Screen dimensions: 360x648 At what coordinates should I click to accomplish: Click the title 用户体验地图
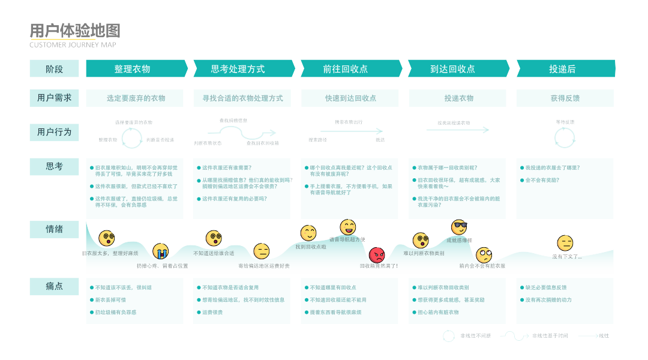(75, 31)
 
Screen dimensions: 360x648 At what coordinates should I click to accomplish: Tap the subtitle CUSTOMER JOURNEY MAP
(73, 45)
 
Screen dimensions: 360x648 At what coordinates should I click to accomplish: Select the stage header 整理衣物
(132, 69)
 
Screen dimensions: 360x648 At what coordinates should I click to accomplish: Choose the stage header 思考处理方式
(238, 69)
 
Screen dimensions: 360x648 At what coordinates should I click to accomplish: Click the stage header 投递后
(562, 69)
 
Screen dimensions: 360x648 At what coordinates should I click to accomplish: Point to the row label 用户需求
(54, 98)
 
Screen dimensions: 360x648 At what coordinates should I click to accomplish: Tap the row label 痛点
(54, 286)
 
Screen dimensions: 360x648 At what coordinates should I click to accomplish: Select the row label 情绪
(54, 229)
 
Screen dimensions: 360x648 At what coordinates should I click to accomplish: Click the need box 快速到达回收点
(351, 98)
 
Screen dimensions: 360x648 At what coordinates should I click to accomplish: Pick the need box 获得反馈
(565, 98)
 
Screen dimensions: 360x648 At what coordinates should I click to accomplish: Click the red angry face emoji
(377, 255)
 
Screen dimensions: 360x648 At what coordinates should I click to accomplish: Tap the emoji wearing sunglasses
(459, 227)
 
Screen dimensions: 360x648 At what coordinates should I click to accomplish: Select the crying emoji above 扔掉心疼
(160, 251)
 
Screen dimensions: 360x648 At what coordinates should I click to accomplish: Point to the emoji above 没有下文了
(565, 243)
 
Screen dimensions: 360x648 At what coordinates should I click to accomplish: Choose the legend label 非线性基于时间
(550, 336)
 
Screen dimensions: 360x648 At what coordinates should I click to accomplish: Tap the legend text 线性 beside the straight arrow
(604, 336)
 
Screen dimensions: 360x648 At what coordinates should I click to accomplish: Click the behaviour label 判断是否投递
(160, 140)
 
